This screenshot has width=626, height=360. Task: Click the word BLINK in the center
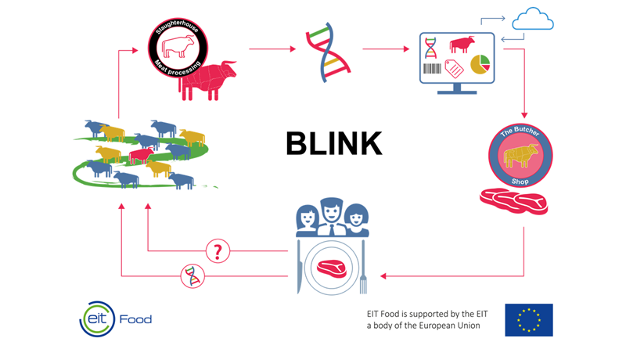pyautogui.click(x=333, y=144)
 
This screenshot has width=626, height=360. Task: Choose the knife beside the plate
pyautogui.click(x=299, y=268)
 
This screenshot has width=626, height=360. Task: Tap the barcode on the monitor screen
pyautogui.click(x=431, y=69)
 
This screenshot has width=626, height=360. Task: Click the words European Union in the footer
pyautogui.click(x=448, y=326)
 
